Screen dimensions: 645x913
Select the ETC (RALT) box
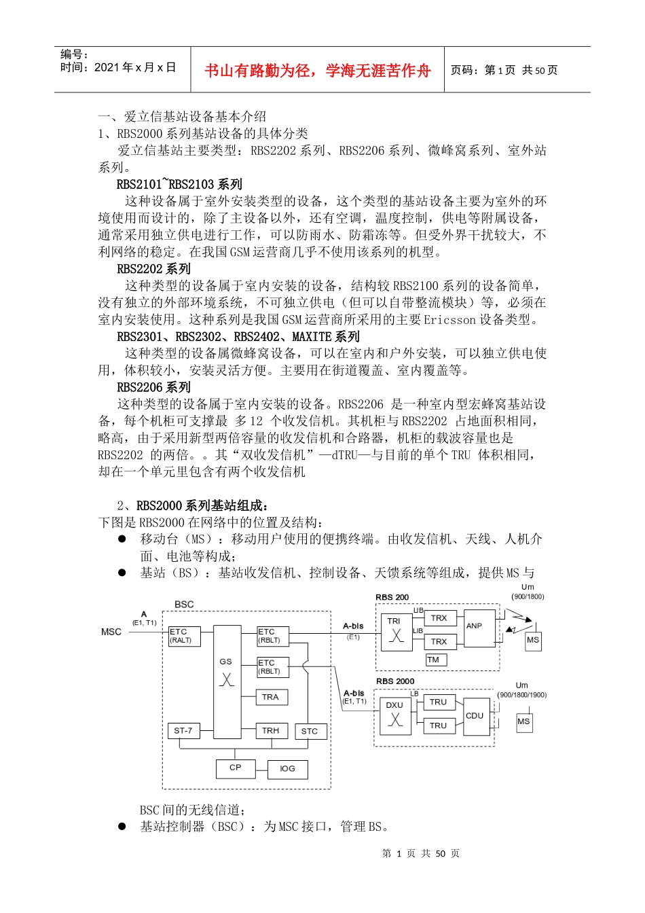click(184, 636)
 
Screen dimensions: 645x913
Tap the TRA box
click(271, 697)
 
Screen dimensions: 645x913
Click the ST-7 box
click(183, 731)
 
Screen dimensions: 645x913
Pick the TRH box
click(271, 731)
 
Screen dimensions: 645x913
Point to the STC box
click(310, 732)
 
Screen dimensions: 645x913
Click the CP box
click(236, 768)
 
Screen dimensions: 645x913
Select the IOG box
click(287, 769)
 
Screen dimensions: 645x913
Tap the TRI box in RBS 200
click(395, 631)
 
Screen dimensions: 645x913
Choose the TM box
click(435, 660)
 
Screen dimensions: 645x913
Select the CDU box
click(475, 716)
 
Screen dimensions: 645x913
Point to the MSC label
click(111, 632)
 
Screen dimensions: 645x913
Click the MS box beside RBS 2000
click(523, 721)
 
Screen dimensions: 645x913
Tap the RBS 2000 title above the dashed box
click(395, 681)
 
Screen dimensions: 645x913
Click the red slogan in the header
click(317, 71)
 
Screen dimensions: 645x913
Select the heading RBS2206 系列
click(154, 387)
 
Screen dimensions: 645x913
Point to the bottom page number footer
click(421, 854)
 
